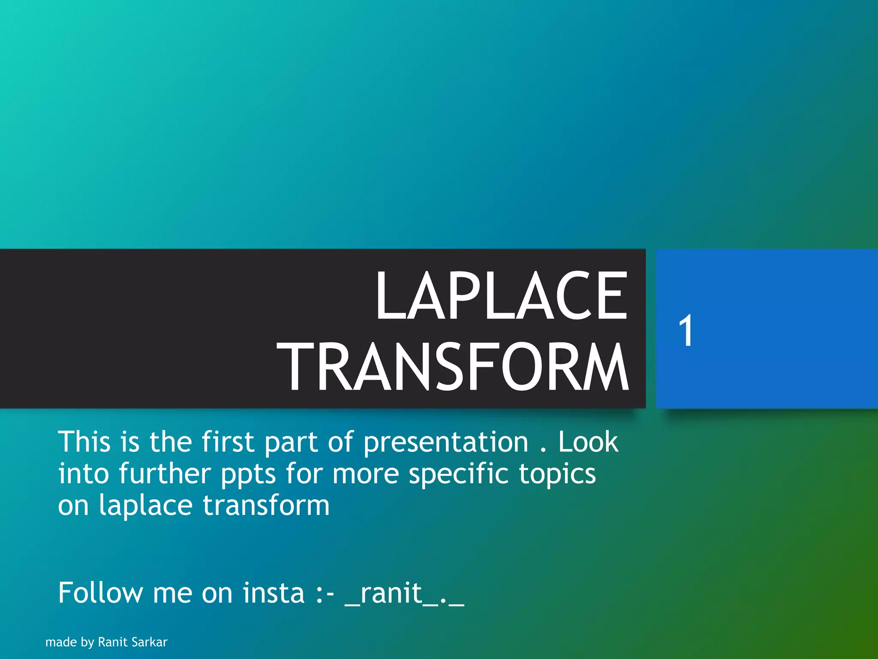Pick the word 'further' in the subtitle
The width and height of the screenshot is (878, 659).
[x=165, y=474]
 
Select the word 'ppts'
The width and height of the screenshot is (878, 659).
[x=248, y=475]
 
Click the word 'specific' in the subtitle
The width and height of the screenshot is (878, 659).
[x=459, y=475]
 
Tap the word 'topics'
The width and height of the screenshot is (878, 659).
[x=557, y=475]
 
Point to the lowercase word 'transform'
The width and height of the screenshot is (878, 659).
[x=266, y=505]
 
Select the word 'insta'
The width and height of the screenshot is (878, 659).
[x=274, y=593]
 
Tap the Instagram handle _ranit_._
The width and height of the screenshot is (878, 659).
[x=404, y=594]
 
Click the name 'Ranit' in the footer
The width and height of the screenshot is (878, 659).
[x=112, y=642]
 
